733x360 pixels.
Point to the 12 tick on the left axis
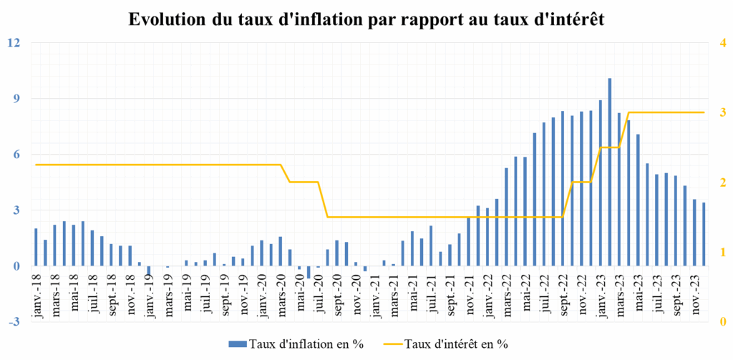14,42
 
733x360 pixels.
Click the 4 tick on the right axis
722,42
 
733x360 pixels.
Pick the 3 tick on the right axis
722,112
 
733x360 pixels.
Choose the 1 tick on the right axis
722,252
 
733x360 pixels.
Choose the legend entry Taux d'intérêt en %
455,344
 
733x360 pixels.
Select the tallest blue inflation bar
610,172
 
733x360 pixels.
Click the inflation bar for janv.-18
36,247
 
